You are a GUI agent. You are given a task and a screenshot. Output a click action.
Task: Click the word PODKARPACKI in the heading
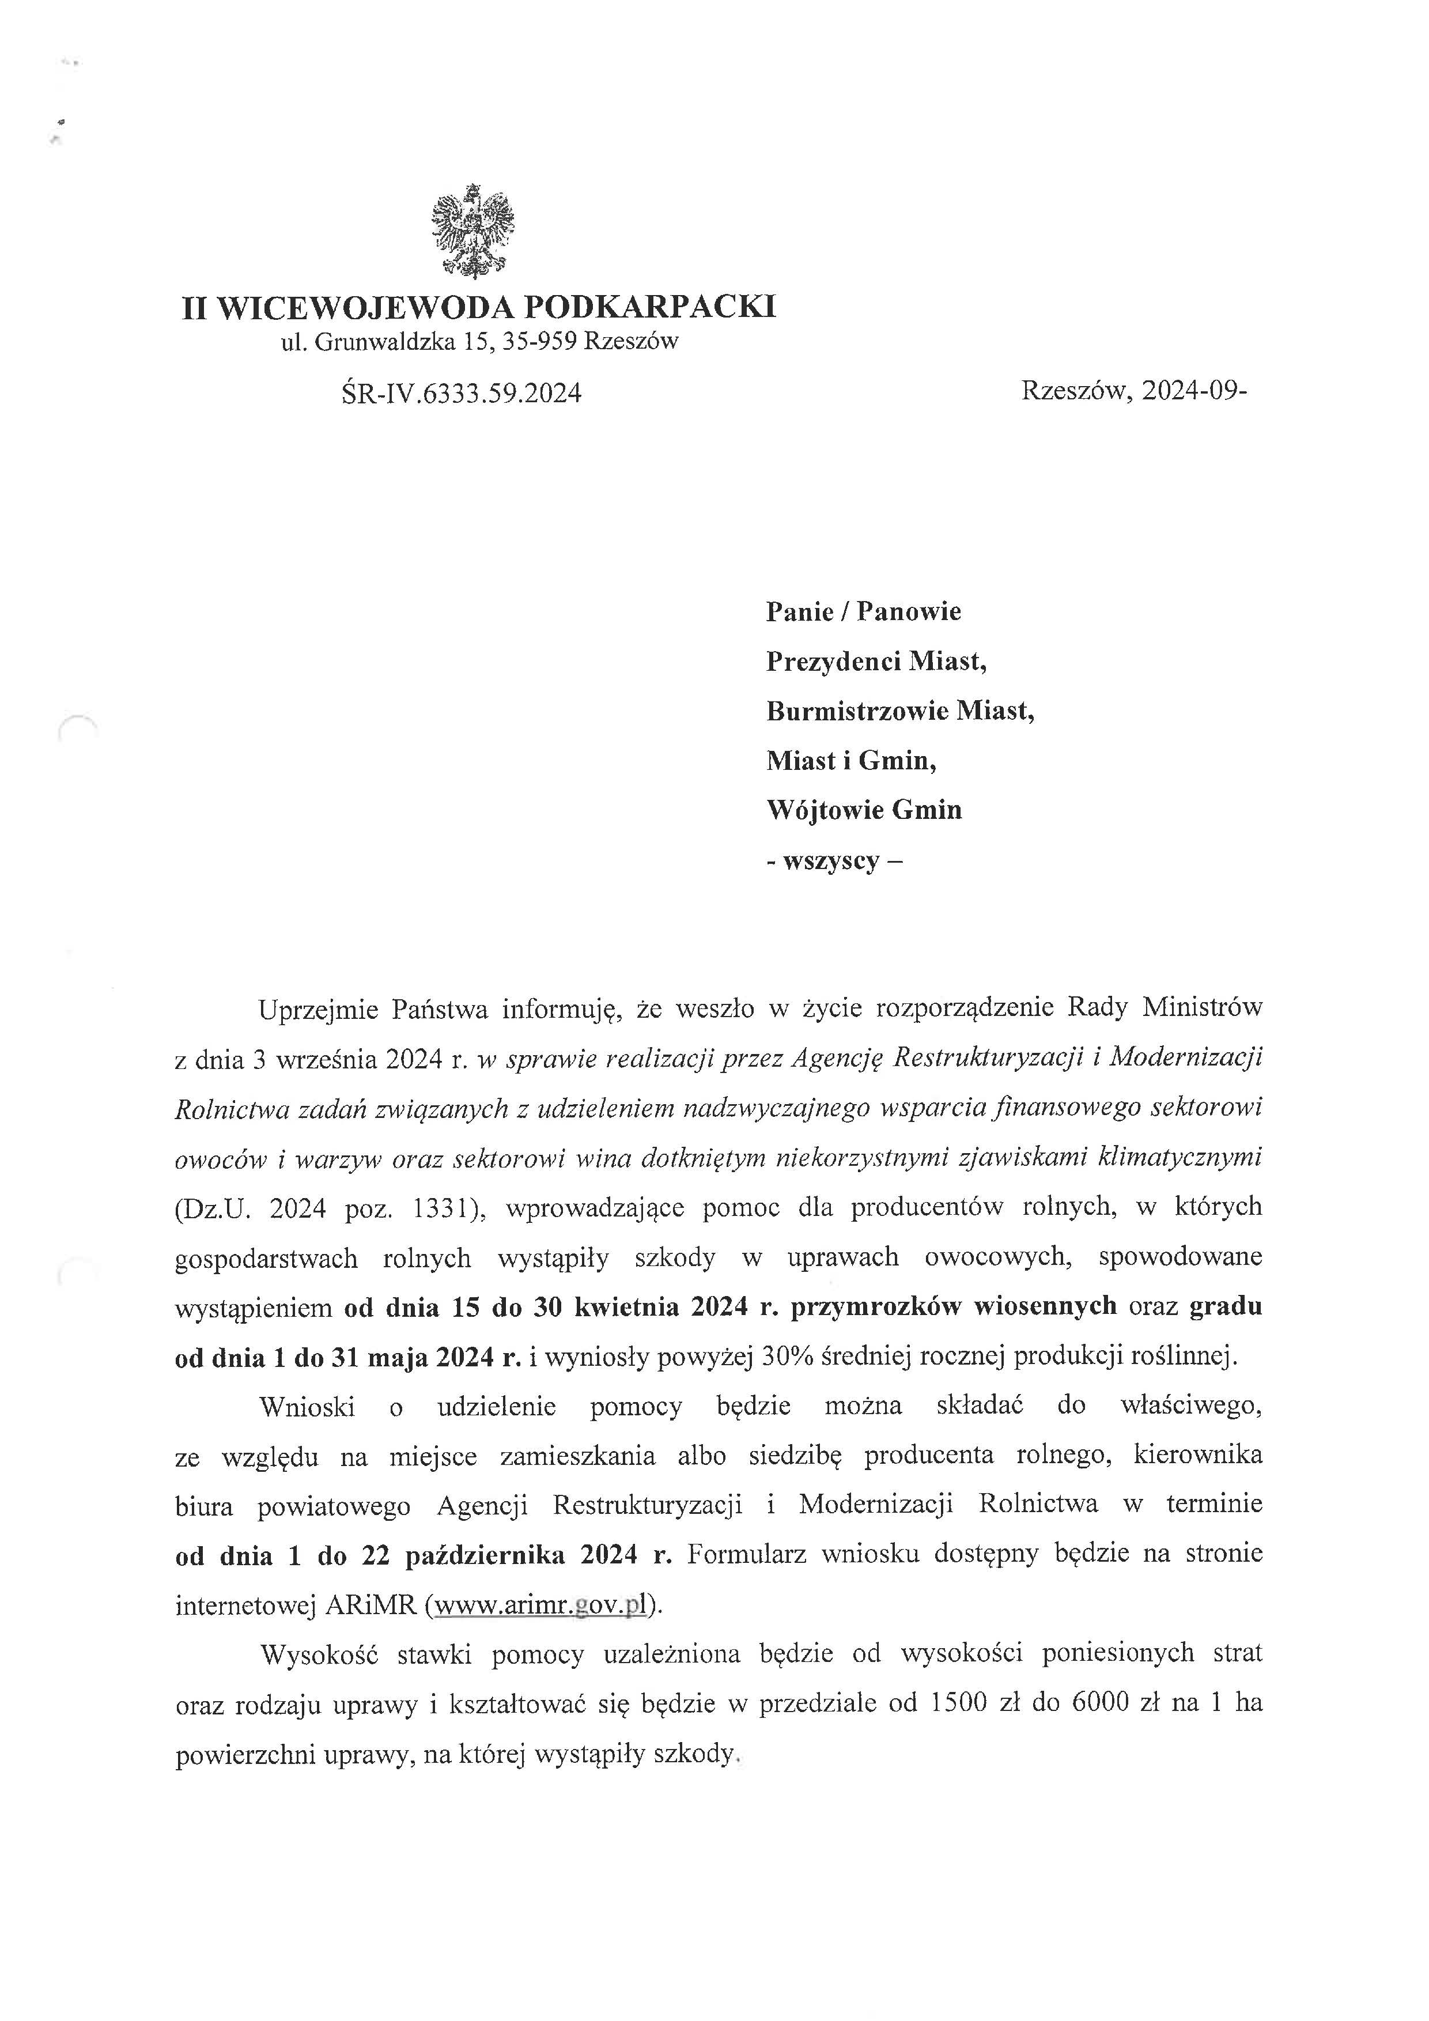point(651,307)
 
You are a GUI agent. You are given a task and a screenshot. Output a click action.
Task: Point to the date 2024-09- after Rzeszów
point(1194,390)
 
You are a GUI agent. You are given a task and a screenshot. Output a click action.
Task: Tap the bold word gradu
point(1226,1306)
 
